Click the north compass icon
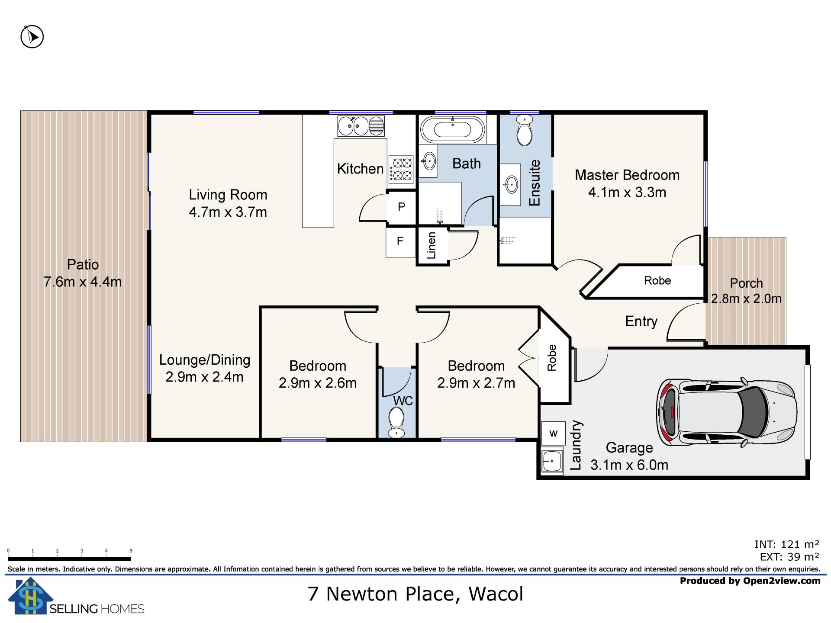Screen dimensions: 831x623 pyautogui.click(x=32, y=37)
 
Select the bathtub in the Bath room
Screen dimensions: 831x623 pyautogui.click(x=452, y=129)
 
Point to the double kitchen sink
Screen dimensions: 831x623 pyautogui.click(x=361, y=126)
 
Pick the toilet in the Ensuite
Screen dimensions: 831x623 pyautogui.click(x=525, y=130)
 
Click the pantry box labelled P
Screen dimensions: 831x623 pyautogui.click(x=401, y=207)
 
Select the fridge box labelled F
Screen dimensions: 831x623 pyautogui.click(x=400, y=241)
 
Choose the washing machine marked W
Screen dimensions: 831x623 pyautogui.click(x=553, y=433)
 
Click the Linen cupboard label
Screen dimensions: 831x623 pyautogui.click(x=432, y=245)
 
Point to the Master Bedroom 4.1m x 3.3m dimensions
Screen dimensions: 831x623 pyautogui.click(x=627, y=192)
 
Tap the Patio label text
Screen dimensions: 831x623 pyautogui.click(x=83, y=264)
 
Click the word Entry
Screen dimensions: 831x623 pyautogui.click(x=641, y=321)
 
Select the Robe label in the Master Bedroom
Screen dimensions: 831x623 pyautogui.click(x=657, y=280)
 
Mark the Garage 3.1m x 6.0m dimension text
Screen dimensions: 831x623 pyautogui.click(x=629, y=465)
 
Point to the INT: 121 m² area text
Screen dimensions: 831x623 pyautogui.click(x=787, y=544)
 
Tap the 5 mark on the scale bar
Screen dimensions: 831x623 pyautogui.click(x=131, y=551)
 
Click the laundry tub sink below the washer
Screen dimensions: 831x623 pyautogui.click(x=552, y=461)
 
